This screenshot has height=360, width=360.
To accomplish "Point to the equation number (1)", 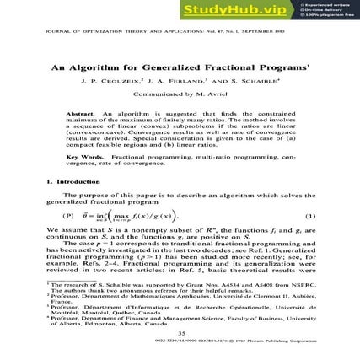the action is coord(309,218).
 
